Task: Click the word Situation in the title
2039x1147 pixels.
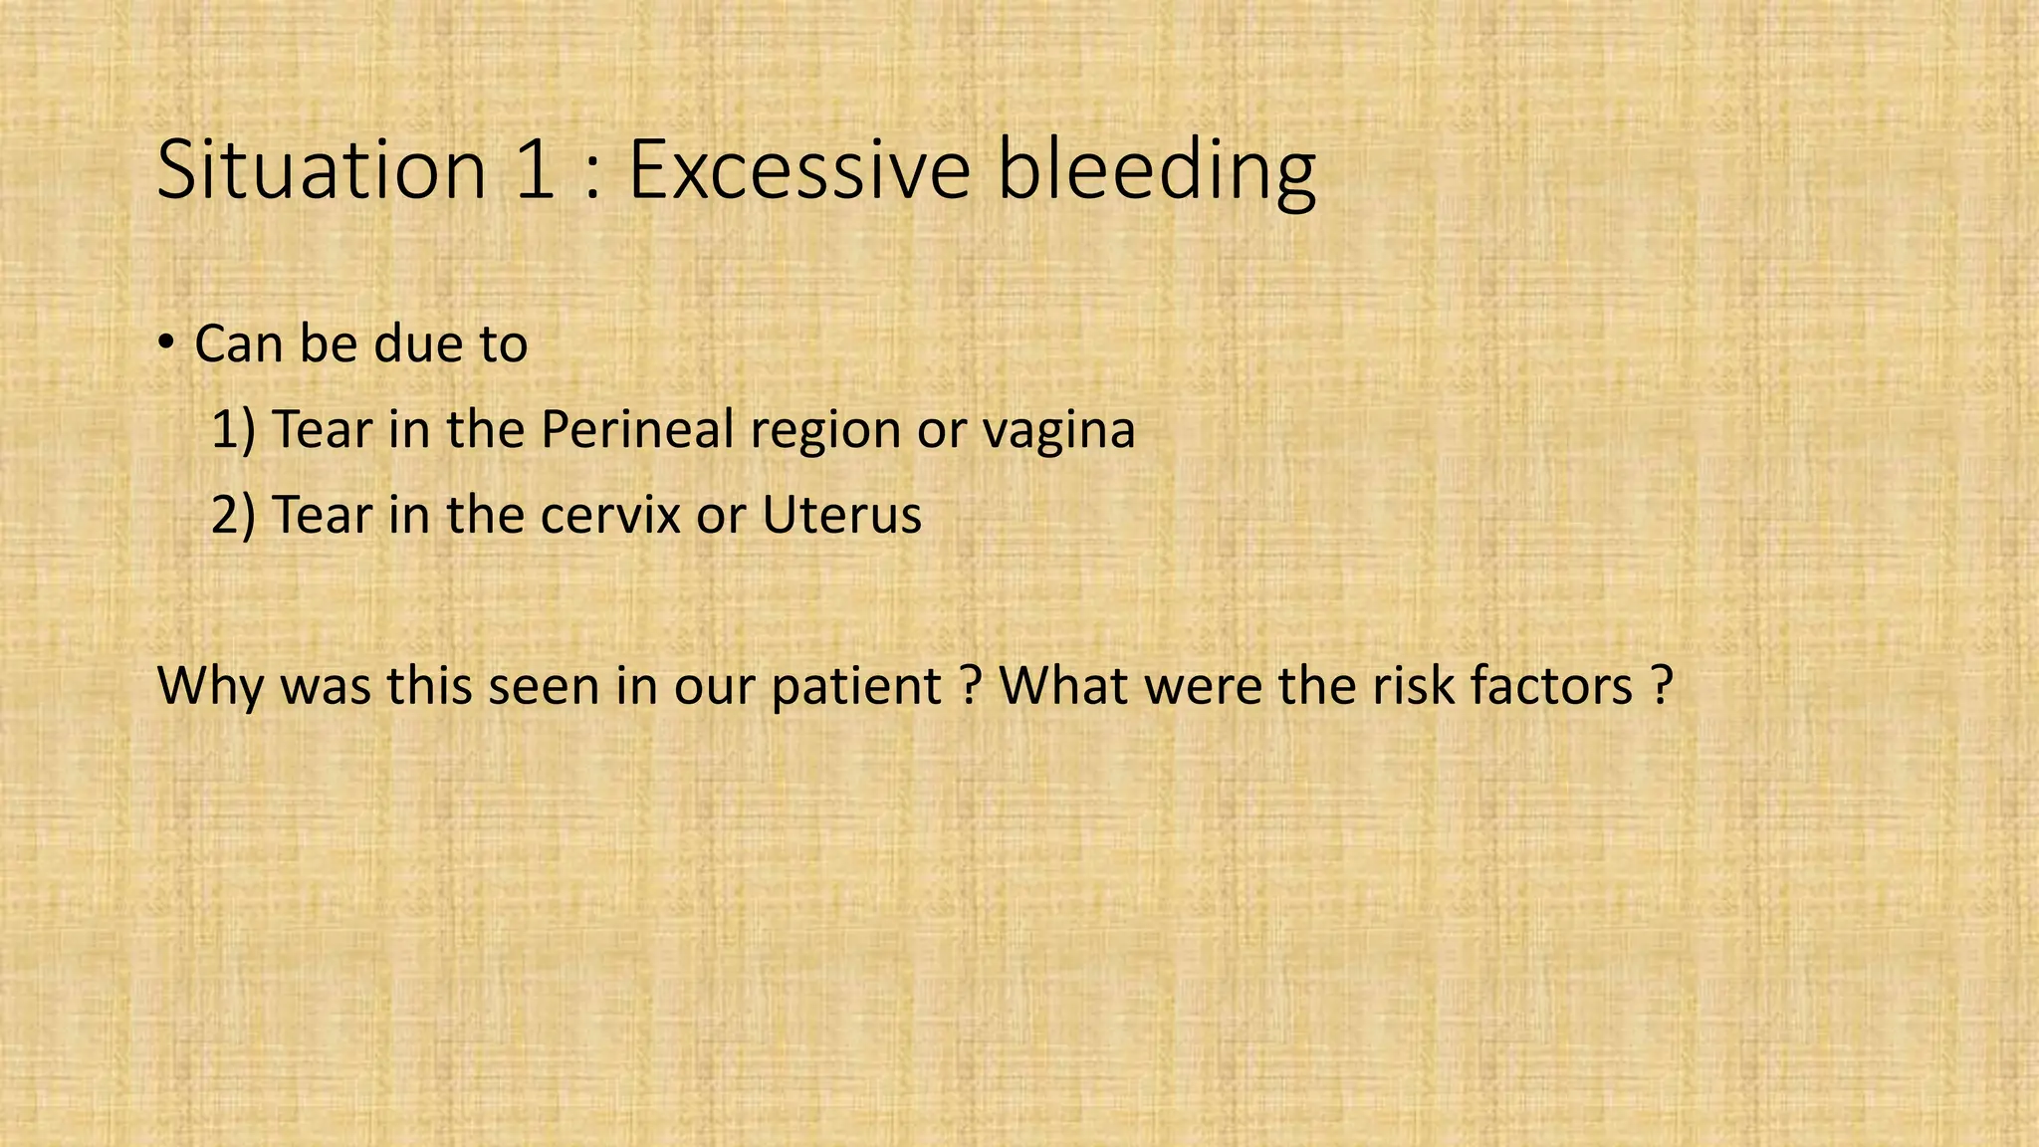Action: (321, 170)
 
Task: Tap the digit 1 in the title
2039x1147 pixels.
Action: (536, 170)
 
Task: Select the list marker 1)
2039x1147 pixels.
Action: (233, 430)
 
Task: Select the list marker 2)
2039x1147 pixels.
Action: (233, 516)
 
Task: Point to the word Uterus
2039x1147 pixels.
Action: (841, 516)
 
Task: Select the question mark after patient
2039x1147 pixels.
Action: (972, 687)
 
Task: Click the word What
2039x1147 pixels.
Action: (1062, 687)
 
